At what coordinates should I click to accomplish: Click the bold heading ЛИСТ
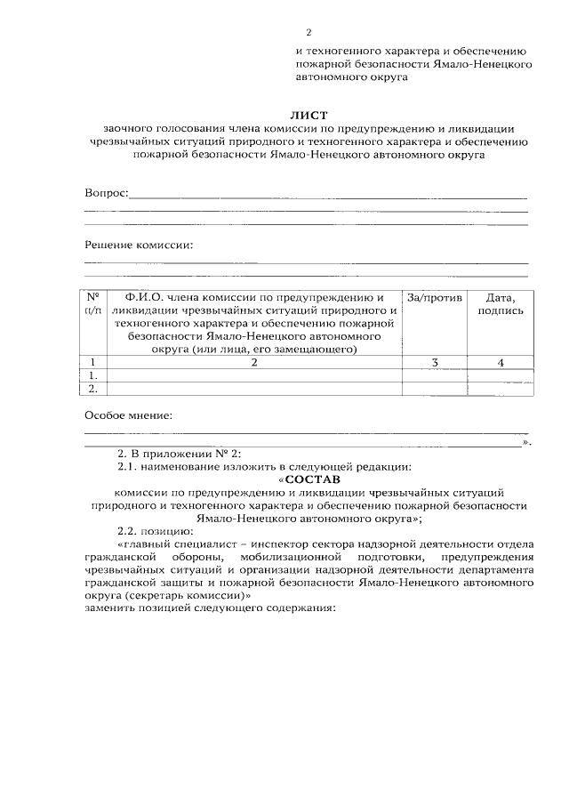pyautogui.click(x=309, y=116)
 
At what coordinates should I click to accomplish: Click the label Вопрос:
pyautogui.click(x=107, y=193)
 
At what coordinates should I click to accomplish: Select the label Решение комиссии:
pyautogui.click(x=138, y=245)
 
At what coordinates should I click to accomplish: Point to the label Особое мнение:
pyautogui.click(x=128, y=415)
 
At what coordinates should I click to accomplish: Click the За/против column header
pyautogui.click(x=435, y=297)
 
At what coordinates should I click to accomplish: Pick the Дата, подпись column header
pyautogui.click(x=501, y=303)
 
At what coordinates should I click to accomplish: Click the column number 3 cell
pyautogui.click(x=435, y=362)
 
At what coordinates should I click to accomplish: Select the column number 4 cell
pyautogui.click(x=501, y=362)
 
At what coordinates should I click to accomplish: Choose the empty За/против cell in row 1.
pyautogui.click(x=435, y=375)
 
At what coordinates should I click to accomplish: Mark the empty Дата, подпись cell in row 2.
pyautogui.click(x=501, y=388)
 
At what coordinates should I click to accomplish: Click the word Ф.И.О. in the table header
pyautogui.click(x=142, y=297)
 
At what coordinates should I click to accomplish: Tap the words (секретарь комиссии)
pyautogui.click(x=186, y=596)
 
